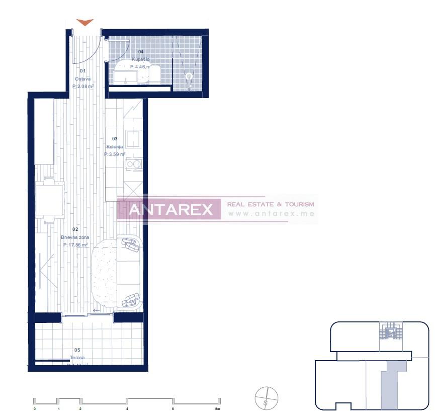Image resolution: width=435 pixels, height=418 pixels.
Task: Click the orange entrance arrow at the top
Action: (85, 23)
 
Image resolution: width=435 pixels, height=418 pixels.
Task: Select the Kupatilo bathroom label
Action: (140, 59)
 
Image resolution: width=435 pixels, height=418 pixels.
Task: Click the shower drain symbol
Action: (190, 77)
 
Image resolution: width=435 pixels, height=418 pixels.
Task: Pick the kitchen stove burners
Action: (133, 164)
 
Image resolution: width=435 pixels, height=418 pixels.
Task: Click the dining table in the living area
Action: (50, 200)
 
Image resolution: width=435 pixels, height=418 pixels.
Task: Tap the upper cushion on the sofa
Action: (130, 245)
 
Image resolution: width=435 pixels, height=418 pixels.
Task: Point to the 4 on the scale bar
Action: (127, 409)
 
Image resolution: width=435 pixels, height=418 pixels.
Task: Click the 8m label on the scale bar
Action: (217, 409)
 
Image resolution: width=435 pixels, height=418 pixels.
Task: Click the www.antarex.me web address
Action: (271, 214)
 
